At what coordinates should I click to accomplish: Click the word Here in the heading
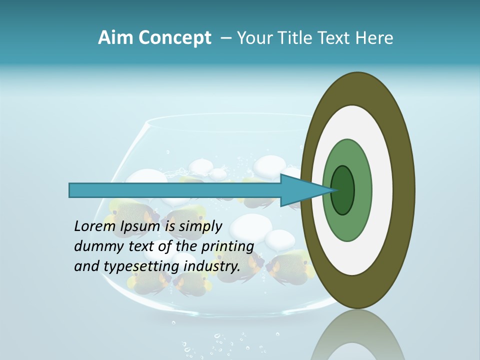[374, 38]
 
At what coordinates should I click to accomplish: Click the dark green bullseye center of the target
[343, 190]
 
